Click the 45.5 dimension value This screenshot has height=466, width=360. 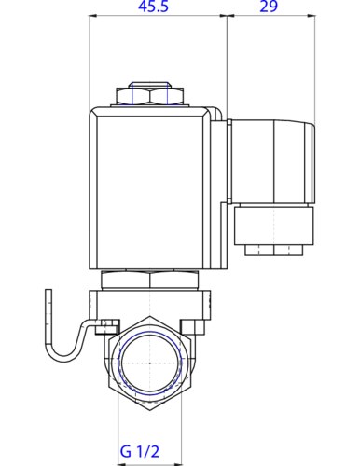click(153, 7)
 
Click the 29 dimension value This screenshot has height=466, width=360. click(269, 7)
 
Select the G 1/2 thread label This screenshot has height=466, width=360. click(140, 451)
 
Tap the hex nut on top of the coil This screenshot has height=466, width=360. click(149, 96)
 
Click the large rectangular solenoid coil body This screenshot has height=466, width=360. click(150, 188)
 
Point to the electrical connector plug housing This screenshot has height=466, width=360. click(271, 161)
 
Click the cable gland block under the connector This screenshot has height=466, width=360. click(274, 226)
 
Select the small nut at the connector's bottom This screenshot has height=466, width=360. click(274, 251)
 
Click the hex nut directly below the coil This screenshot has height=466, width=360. click(149, 280)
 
